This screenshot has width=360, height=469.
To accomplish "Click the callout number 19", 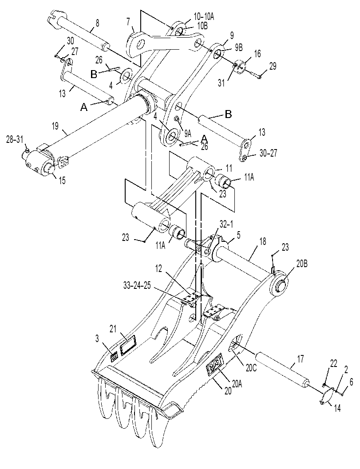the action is click(x=55, y=127).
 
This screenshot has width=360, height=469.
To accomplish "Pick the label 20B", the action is click(x=301, y=264).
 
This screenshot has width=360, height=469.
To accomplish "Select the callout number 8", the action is click(x=97, y=23).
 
